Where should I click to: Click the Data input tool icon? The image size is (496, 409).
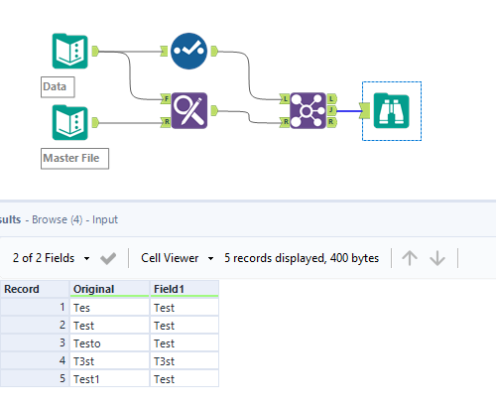click(69, 52)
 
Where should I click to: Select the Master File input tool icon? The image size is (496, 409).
click(69, 123)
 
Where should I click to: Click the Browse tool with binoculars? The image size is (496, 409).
click(392, 110)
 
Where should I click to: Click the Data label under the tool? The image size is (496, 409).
click(55, 86)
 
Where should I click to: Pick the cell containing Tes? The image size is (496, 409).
click(109, 308)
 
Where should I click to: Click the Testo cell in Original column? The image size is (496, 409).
click(109, 343)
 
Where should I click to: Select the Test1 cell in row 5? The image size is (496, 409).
click(109, 379)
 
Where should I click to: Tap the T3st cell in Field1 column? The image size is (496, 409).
click(185, 361)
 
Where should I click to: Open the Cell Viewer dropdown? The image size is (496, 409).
click(178, 258)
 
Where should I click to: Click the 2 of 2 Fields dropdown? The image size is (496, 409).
click(52, 258)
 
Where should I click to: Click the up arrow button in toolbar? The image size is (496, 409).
click(409, 258)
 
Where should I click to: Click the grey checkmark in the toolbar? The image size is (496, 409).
click(109, 258)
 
